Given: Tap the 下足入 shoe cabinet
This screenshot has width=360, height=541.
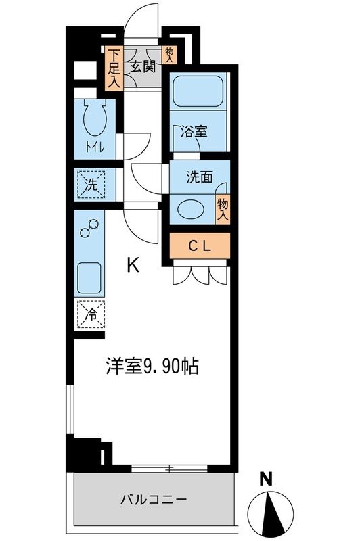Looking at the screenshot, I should coord(114,67).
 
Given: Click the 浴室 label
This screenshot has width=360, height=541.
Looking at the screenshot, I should coord(194,132).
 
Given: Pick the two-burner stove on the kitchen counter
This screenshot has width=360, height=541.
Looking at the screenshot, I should coord(88,231).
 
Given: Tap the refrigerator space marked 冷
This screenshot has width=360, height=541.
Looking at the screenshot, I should coord(91,314).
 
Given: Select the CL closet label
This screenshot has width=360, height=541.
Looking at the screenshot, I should coord(200,246).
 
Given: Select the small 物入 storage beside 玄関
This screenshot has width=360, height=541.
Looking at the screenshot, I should coord(169,55).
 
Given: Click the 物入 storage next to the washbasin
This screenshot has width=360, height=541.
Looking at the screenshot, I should coord(222,209).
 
